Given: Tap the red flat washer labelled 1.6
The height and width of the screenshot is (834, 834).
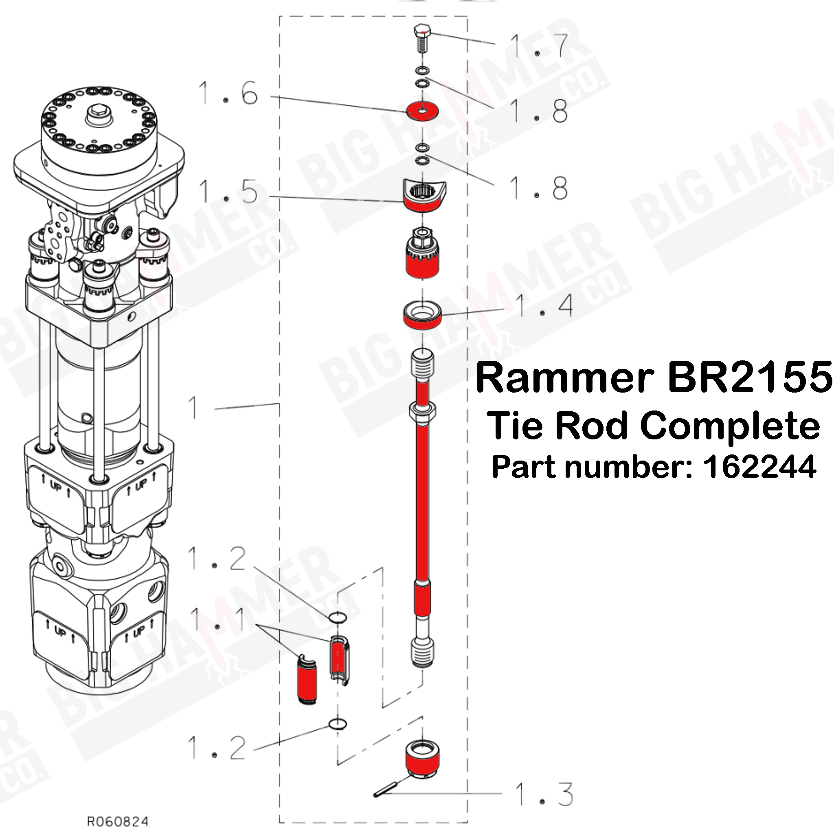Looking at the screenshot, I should [x=422, y=111].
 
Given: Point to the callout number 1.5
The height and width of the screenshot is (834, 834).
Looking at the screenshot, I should [x=228, y=192].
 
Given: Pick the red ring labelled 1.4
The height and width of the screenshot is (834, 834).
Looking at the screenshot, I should [x=422, y=316].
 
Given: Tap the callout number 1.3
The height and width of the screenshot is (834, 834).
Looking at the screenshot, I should [x=544, y=794].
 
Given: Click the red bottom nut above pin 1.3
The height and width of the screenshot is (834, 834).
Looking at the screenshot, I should [x=422, y=764].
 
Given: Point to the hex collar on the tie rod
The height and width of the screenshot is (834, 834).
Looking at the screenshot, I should [x=422, y=412].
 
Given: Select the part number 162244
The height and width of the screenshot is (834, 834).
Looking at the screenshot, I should [x=759, y=467].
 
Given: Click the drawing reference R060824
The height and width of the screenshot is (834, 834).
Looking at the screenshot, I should [x=117, y=821].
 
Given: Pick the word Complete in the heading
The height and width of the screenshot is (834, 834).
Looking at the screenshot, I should [x=729, y=426].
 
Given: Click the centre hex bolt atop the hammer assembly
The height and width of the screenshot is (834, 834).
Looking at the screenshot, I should [x=99, y=116].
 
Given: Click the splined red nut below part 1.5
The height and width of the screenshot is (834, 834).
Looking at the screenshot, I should [x=422, y=261].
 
